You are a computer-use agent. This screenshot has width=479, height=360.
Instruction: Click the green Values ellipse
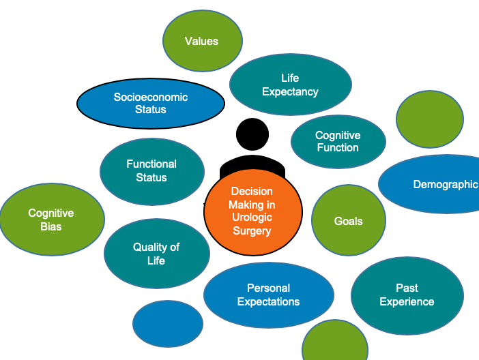[203, 41]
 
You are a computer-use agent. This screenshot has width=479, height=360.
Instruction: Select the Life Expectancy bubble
[291, 85]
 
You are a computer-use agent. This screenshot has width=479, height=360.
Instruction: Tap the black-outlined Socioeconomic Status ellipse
[151, 104]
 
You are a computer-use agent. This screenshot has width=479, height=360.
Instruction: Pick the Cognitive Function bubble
[338, 142]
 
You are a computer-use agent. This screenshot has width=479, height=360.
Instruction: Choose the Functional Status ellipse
[152, 172]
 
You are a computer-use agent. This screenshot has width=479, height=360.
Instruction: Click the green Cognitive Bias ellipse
[52, 220]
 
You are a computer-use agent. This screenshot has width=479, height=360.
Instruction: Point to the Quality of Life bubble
[157, 254]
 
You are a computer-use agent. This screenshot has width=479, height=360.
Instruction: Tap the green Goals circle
[348, 220]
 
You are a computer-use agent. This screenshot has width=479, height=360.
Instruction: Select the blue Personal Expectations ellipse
[269, 295]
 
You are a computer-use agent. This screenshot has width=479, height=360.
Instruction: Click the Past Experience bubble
[407, 296]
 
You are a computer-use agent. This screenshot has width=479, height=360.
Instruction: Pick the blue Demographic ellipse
[429, 184]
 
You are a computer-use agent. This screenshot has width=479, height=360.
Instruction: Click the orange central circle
[253, 212]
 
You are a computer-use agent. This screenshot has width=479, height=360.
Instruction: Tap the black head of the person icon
[252, 134]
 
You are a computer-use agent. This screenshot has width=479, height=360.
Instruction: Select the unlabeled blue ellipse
[168, 324]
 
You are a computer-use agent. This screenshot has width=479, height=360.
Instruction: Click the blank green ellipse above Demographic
[429, 119]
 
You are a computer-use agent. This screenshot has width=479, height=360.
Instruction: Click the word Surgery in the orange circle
[252, 231]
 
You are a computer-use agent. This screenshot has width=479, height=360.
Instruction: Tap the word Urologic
[252, 217]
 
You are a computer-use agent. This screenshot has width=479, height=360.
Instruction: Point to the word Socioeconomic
[151, 97]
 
